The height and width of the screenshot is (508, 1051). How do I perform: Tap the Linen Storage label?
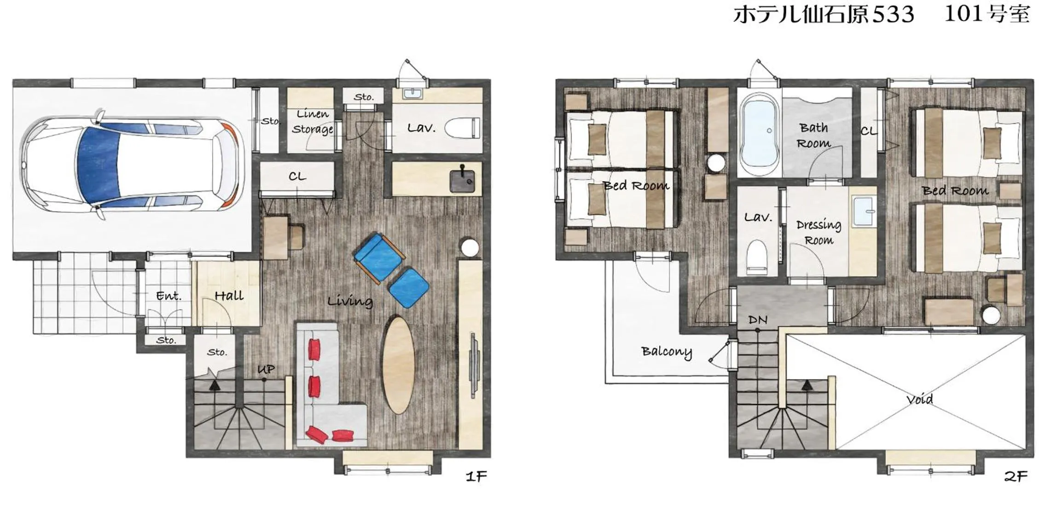tap(312, 121)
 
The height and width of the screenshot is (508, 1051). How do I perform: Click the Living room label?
tap(350, 301)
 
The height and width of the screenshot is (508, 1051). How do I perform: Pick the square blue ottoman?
tap(408, 288)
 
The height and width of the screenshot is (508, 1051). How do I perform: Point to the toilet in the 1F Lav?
tap(462, 128)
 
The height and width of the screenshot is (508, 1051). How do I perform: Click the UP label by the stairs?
tap(266, 369)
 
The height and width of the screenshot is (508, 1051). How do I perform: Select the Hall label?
tap(229, 296)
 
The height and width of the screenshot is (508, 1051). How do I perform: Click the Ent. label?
tap(168, 296)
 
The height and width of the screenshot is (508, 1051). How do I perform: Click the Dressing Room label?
tap(819, 232)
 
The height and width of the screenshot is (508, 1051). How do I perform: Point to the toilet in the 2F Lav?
tap(756, 257)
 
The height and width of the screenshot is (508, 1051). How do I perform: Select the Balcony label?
tap(666, 352)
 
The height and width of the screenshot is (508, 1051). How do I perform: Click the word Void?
tap(919, 399)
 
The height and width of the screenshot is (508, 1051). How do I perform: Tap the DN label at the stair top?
tap(758, 320)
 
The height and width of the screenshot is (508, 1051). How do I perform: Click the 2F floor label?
tap(1015, 476)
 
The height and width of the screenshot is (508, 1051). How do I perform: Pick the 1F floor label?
tap(476, 476)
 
